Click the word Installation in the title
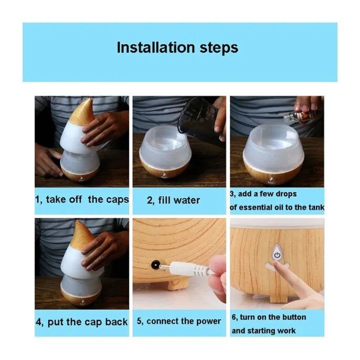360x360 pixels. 156,47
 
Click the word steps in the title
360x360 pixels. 219,48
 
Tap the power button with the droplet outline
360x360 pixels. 277,253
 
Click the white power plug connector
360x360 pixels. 186,269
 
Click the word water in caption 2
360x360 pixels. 187,200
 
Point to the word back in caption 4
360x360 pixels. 116,322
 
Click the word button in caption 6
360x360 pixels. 294,317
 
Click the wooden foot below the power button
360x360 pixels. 278,299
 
